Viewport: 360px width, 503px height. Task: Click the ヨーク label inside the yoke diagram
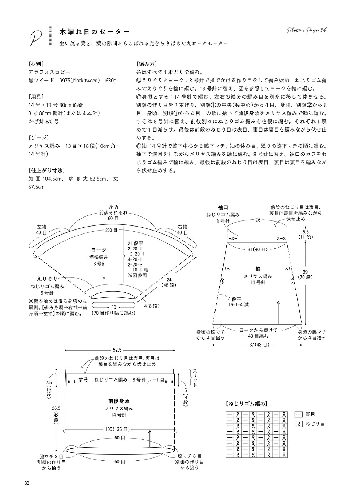99,250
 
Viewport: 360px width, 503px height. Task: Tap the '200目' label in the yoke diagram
111,230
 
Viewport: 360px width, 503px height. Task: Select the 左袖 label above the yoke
42,227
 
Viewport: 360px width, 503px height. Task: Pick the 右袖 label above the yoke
182,227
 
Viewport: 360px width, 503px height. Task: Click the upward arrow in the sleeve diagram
278,312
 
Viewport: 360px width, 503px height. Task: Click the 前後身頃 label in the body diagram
119,401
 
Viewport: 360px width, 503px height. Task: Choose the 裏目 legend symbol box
299,414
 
